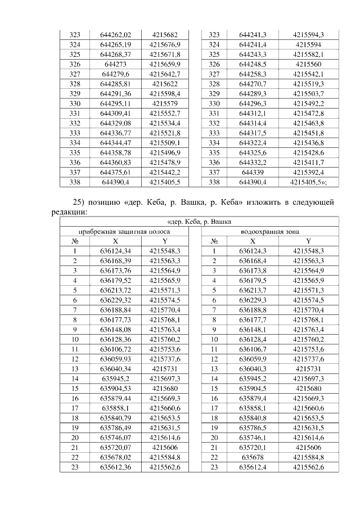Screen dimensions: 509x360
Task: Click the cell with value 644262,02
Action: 115,35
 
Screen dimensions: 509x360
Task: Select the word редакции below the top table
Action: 69,213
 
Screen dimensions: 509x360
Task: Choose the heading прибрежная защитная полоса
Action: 124,231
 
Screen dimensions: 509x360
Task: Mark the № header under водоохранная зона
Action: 214,241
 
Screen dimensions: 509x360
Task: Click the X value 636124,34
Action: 115,251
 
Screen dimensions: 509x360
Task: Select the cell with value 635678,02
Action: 115,457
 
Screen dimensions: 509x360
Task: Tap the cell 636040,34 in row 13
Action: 115,368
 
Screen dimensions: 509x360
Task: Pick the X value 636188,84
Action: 115,309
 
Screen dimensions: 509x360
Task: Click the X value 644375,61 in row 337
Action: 115,172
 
